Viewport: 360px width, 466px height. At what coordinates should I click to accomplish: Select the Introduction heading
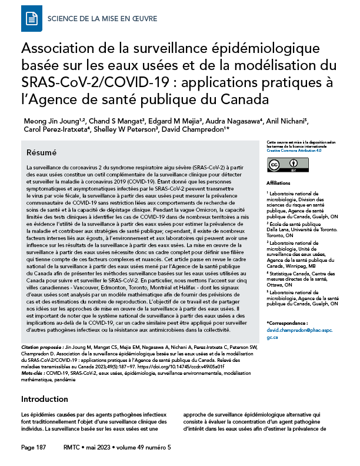44,399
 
